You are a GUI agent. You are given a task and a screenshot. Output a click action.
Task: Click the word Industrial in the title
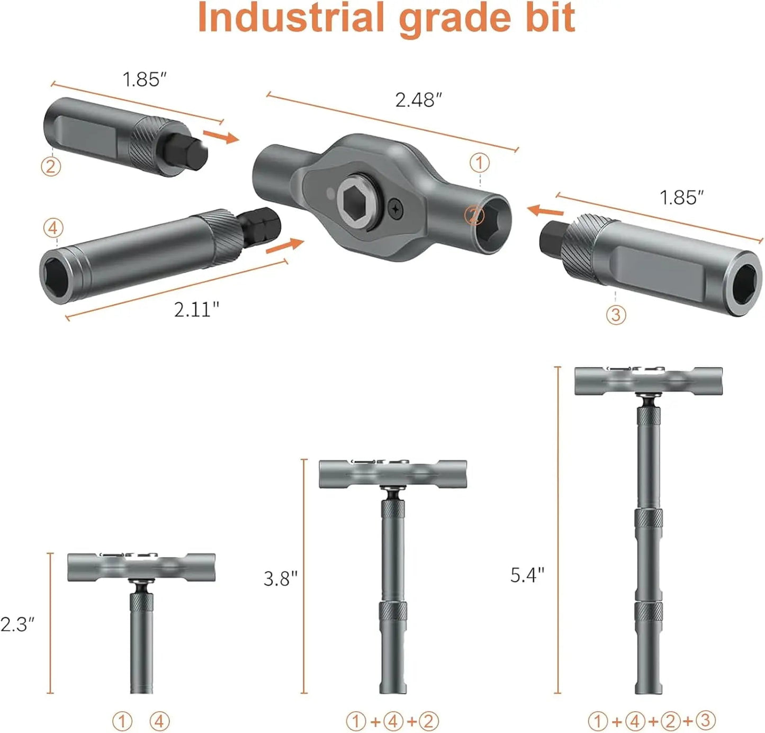[291, 17]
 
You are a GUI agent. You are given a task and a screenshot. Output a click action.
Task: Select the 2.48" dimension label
[419, 100]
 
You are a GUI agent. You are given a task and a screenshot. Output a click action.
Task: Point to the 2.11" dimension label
[196, 309]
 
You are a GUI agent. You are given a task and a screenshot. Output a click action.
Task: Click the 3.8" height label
[280, 578]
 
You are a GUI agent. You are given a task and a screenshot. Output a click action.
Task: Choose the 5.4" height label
[527, 575]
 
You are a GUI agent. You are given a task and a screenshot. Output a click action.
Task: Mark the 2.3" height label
[17, 624]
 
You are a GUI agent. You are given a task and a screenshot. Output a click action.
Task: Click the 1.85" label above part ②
[145, 79]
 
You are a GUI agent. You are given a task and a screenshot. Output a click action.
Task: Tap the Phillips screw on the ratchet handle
[395, 209]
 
